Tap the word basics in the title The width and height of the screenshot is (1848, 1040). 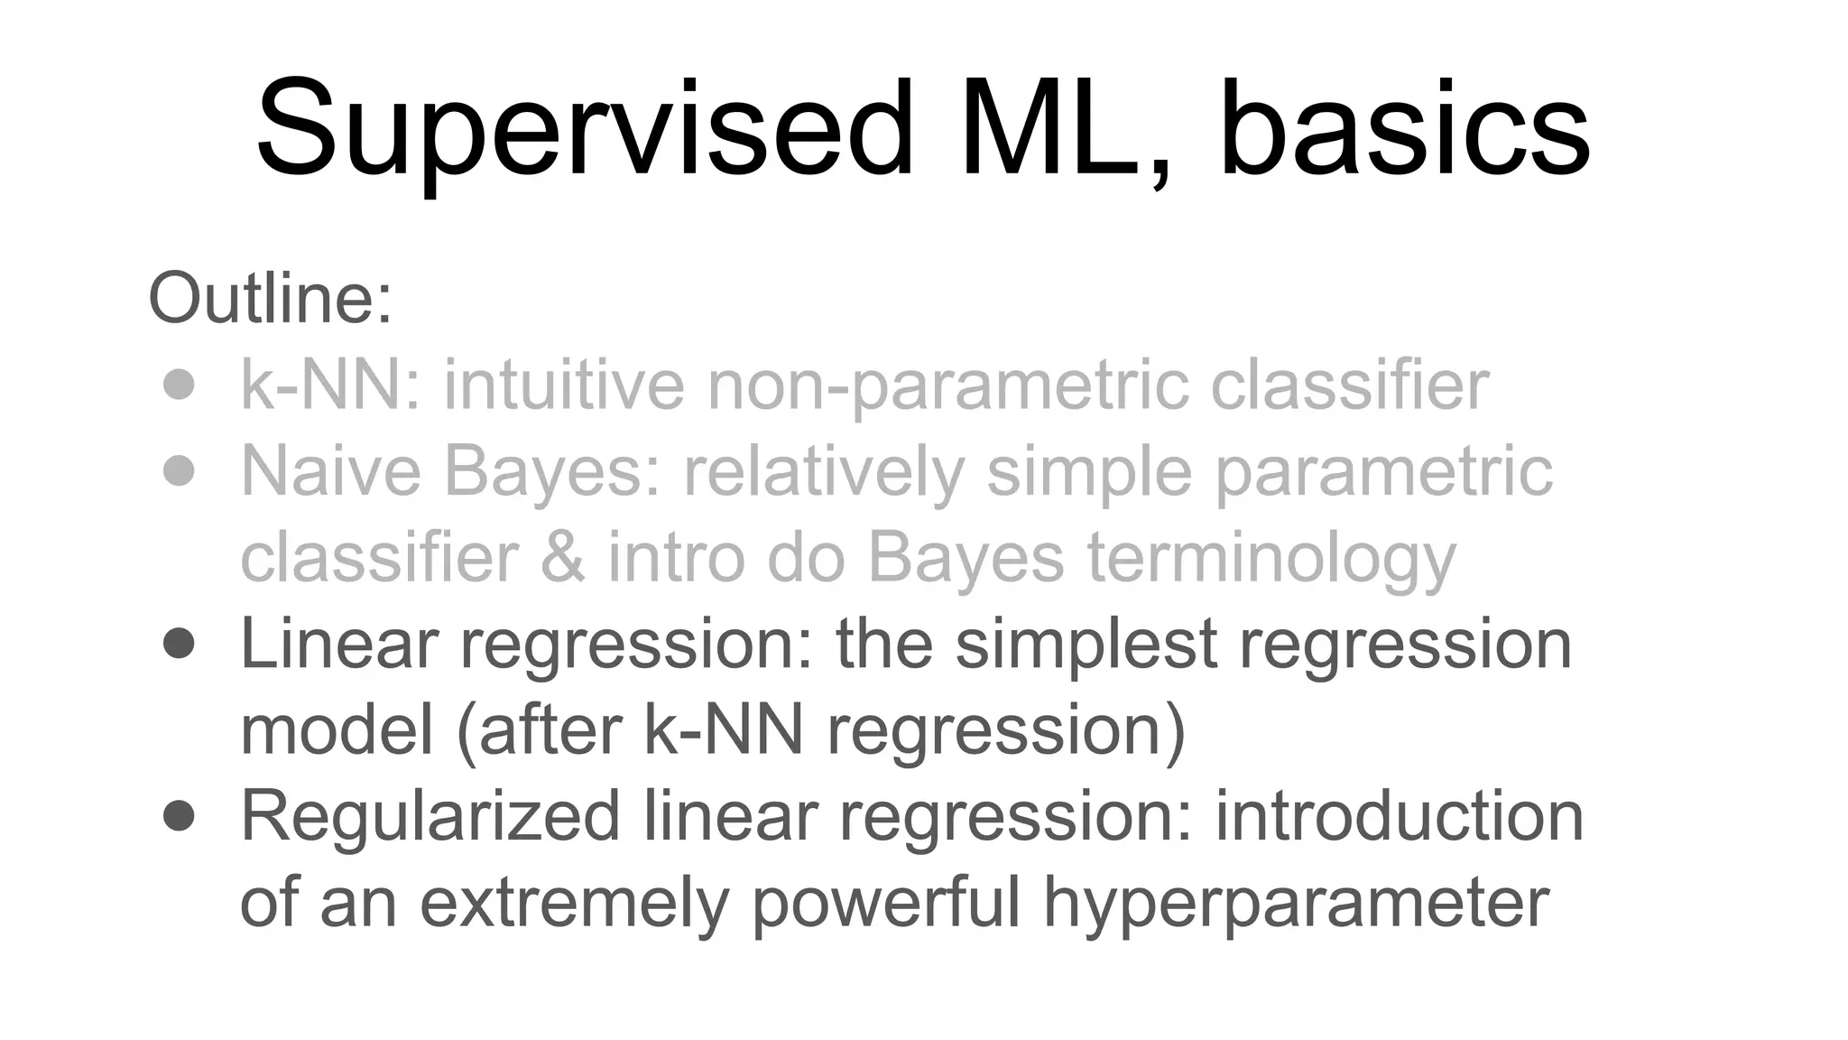click(x=1404, y=131)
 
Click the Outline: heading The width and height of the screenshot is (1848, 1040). click(x=271, y=299)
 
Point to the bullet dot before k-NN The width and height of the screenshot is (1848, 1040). click(x=180, y=385)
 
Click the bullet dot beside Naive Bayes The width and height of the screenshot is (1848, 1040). click(x=180, y=470)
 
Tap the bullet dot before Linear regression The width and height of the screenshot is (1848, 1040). click(x=180, y=644)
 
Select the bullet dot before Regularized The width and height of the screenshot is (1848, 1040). click(x=180, y=816)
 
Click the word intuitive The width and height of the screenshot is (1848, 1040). click(x=564, y=385)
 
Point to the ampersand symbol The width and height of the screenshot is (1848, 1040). click(x=562, y=557)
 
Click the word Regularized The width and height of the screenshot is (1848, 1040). click(x=430, y=818)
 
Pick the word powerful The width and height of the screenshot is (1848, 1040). click(x=886, y=903)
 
